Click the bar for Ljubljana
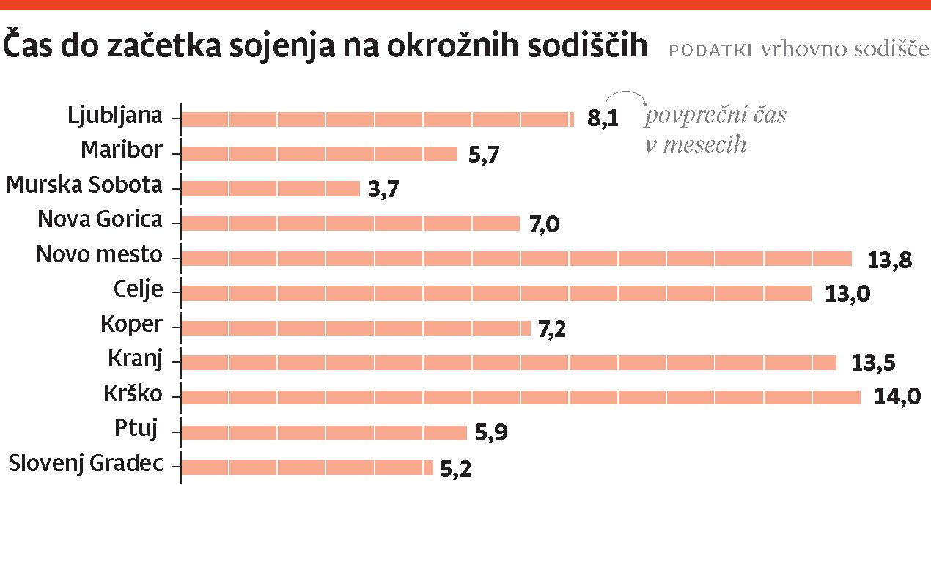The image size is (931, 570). (x=377, y=119)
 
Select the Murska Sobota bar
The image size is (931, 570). (x=270, y=188)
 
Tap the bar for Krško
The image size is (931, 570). (x=520, y=397)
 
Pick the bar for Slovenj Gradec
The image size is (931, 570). (x=306, y=467)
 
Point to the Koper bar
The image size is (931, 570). (x=356, y=327)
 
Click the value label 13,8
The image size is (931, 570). (x=889, y=259)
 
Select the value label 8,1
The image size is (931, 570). (x=603, y=119)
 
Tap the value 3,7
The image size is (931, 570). (x=384, y=189)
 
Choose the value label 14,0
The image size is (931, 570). (x=897, y=397)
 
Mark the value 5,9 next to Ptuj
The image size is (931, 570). (x=491, y=432)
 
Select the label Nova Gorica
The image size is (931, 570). (x=100, y=220)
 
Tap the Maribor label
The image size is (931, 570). (x=121, y=150)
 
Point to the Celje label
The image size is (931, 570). (x=138, y=289)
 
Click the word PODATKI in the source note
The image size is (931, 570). (x=710, y=50)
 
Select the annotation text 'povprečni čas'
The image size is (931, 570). (x=715, y=116)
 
